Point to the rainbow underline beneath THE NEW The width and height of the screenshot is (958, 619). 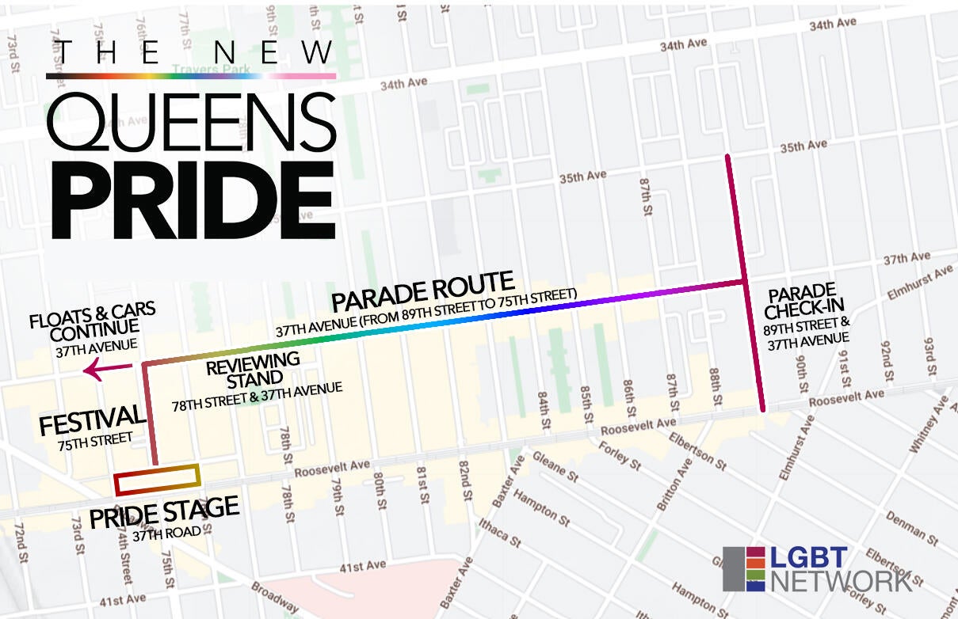[x=191, y=76]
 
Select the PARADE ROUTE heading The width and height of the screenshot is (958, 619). [x=423, y=291]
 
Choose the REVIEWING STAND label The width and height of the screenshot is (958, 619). [x=253, y=366]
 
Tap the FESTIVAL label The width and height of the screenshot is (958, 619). [x=93, y=420]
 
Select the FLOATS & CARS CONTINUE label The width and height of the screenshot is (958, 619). [x=92, y=318]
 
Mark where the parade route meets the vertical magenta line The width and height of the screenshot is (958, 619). [x=744, y=281]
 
